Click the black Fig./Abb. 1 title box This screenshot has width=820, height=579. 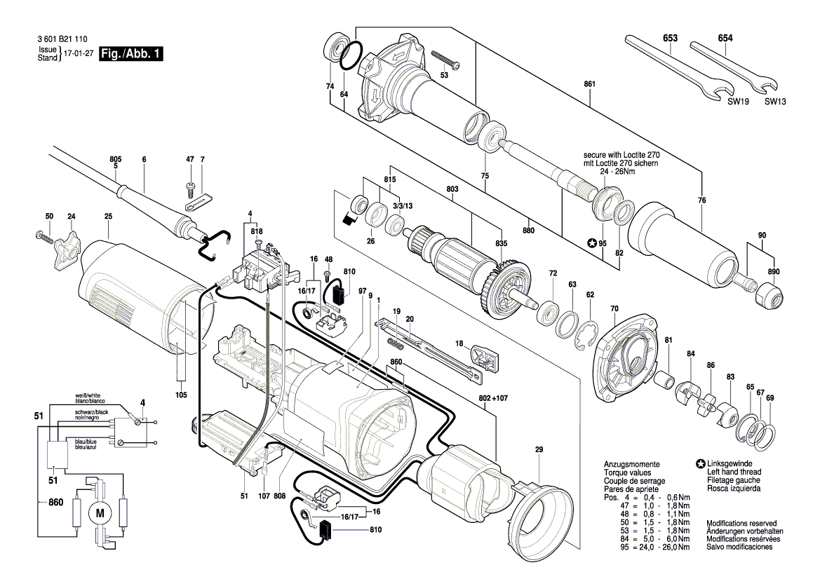point(131,53)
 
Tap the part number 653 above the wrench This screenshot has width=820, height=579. point(670,38)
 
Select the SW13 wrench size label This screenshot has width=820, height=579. point(774,102)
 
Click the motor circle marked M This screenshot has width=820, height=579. point(100,512)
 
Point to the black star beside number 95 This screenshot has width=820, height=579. point(591,243)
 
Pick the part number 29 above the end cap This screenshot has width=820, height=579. point(539,449)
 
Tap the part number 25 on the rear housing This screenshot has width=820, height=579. point(108,216)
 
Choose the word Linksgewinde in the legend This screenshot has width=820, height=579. point(730,463)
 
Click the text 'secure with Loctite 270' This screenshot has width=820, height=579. point(621,155)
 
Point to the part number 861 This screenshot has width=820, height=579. point(590,83)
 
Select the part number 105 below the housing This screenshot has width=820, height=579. point(180,395)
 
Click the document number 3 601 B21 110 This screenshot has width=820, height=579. point(62,39)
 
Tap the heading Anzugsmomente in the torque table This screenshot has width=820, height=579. point(632,465)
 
